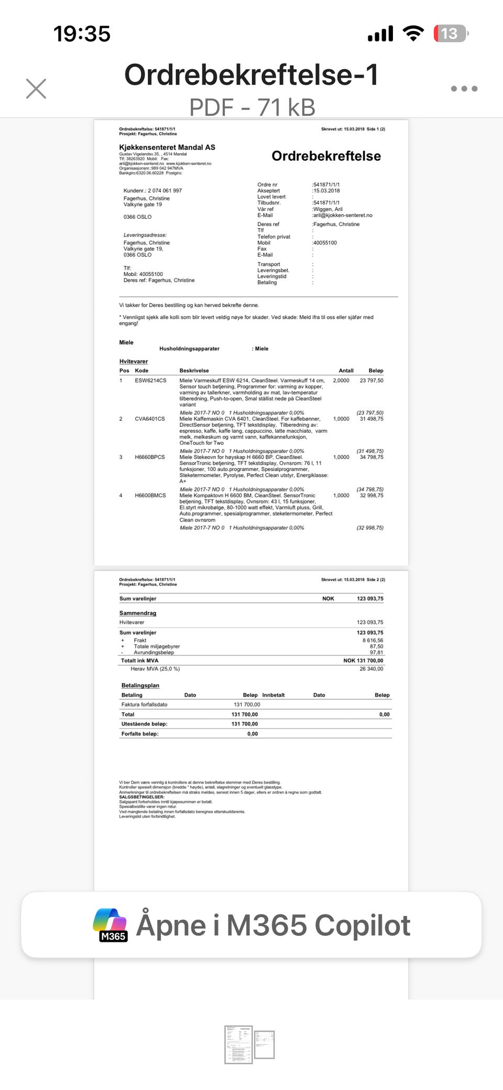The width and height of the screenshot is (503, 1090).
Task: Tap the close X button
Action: click(x=36, y=89)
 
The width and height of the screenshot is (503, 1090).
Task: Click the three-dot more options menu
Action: click(x=464, y=89)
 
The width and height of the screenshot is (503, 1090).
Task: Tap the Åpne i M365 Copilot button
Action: click(x=251, y=925)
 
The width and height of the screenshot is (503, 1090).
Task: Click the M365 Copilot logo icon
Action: click(x=111, y=925)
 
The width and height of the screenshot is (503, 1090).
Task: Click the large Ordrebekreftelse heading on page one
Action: click(x=326, y=156)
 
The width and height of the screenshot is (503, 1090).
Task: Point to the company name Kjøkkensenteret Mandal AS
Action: click(x=167, y=147)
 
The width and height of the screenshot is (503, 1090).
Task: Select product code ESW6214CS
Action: click(x=150, y=380)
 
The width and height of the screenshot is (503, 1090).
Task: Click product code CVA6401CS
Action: click(x=150, y=419)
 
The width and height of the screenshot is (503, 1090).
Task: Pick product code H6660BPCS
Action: click(x=150, y=457)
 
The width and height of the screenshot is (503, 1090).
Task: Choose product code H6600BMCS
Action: click(x=150, y=495)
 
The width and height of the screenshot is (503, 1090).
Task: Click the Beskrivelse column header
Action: click(x=194, y=370)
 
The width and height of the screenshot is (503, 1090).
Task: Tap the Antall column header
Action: click(x=346, y=370)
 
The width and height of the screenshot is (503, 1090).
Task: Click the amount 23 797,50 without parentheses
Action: click(x=371, y=380)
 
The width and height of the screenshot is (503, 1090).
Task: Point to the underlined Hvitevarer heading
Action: click(x=134, y=361)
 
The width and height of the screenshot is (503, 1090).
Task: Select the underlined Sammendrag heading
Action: click(x=138, y=613)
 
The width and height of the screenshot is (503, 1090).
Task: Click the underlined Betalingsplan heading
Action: click(x=140, y=685)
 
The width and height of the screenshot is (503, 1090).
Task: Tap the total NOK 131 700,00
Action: click(x=363, y=660)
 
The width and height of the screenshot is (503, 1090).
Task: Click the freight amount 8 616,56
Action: click(x=373, y=640)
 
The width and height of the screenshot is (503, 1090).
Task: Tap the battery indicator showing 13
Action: click(x=449, y=34)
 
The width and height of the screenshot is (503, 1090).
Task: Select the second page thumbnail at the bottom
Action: click(x=265, y=1044)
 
